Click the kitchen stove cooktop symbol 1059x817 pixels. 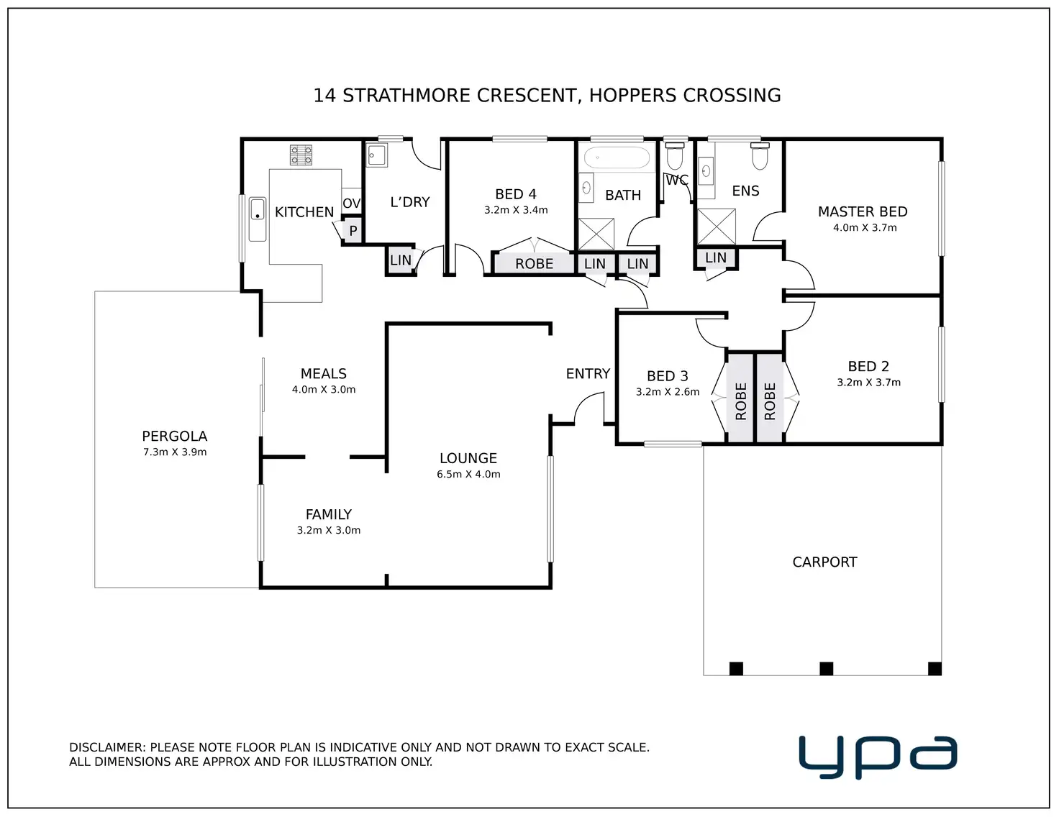(301, 155)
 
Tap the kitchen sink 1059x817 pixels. (258, 219)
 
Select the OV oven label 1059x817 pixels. (351, 203)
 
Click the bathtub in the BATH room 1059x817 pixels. (617, 158)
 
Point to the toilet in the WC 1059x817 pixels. (675, 155)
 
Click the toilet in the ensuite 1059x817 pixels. (760, 155)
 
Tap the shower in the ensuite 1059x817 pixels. (716, 227)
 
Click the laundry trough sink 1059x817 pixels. (377, 155)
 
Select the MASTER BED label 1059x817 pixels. (863, 211)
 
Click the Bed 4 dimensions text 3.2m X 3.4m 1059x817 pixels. (516, 210)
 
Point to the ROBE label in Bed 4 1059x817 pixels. (534, 263)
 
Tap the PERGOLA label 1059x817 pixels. (175, 436)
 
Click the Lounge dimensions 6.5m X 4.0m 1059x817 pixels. (468, 474)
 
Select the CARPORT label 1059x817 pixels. (824, 562)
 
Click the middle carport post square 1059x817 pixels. (826, 668)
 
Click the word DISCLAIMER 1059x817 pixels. (107, 747)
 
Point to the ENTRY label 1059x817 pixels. (588, 374)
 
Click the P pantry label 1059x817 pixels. (353, 231)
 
